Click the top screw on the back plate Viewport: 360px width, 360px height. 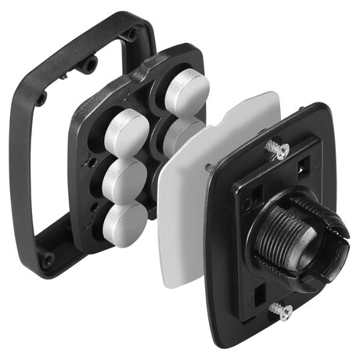click(x=277, y=149)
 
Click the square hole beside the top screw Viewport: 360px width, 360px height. click(x=301, y=164)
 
